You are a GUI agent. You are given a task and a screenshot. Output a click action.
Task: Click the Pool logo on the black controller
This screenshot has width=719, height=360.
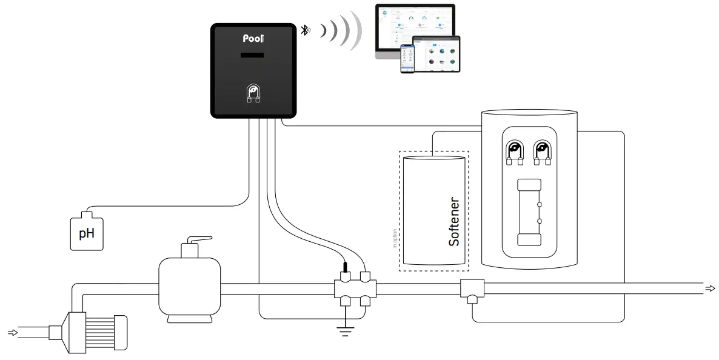[253, 38]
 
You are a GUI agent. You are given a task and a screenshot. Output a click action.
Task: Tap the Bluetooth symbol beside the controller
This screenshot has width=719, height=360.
[306, 30]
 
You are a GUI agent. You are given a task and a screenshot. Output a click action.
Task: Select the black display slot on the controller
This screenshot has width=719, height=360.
[253, 56]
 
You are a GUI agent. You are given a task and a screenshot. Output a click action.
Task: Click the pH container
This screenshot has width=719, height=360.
[87, 232]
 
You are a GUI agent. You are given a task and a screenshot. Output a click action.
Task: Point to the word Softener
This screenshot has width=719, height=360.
[454, 222]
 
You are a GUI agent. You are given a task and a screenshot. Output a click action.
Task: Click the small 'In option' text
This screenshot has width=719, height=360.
[395, 238]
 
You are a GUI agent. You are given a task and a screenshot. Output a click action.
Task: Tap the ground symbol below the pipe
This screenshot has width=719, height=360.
[346, 330]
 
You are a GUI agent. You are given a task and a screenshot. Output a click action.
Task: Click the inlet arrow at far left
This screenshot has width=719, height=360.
[12, 332]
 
